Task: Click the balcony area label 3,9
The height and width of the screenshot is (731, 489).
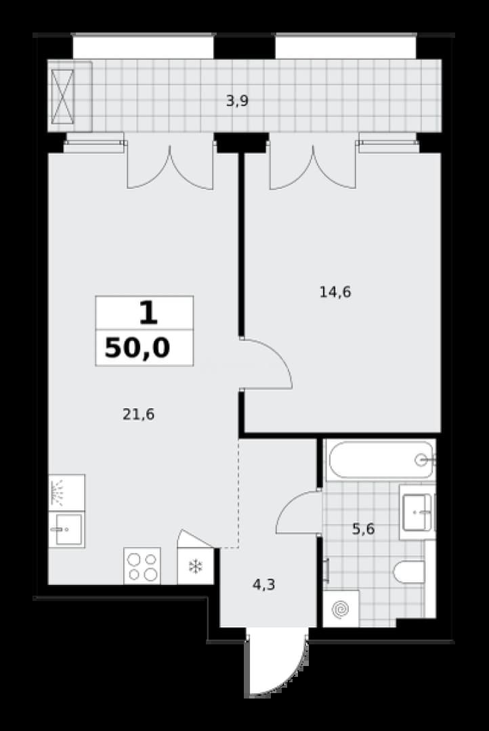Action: (237, 101)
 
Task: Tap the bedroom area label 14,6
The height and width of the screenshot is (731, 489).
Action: (335, 292)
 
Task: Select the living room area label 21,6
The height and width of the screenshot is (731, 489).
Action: (139, 414)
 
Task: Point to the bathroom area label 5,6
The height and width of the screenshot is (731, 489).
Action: (364, 529)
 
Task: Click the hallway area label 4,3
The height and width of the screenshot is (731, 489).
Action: (263, 584)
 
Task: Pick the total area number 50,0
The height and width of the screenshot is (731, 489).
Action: (137, 348)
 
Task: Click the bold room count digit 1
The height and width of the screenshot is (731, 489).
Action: (148, 313)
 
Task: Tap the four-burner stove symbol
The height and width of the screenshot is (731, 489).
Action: (142, 566)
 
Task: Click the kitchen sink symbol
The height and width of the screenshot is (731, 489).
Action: (67, 529)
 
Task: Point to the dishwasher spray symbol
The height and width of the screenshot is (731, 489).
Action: (67, 493)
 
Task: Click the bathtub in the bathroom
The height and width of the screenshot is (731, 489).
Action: (381, 460)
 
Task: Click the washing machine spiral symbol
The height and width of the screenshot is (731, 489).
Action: (341, 608)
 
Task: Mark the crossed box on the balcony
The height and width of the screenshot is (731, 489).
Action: (62, 96)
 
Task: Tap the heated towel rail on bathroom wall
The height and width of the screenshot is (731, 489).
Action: (327, 571)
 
